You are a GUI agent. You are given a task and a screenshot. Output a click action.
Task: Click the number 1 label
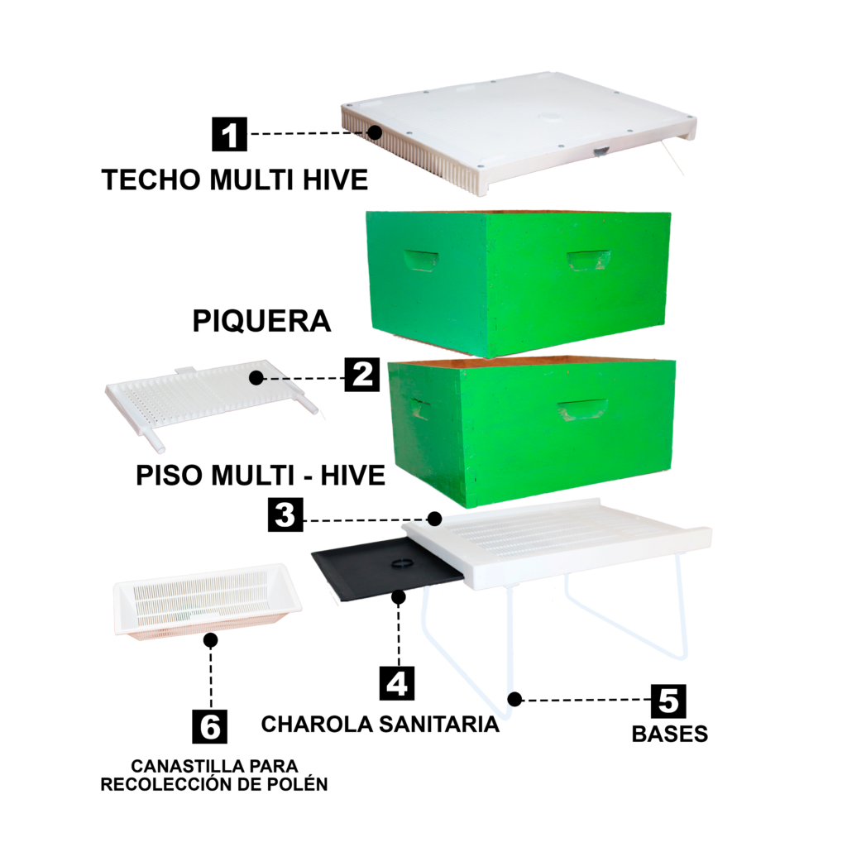[x=229, y=136]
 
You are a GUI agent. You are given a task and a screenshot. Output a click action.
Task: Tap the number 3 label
[x=285, y=514]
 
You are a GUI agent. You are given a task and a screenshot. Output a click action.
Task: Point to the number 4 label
[x=397, y=684]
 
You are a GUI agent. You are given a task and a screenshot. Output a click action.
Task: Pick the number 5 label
[x=668, y=701]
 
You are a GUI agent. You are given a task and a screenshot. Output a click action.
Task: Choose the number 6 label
[x=210, y=727]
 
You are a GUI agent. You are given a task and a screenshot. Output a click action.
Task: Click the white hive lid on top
[x=521, y=128]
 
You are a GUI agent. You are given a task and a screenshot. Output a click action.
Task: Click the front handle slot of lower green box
[x=581, y=409]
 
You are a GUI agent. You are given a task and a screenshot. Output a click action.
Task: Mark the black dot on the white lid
[x=375, y=132]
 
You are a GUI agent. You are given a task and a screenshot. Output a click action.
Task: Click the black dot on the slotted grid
[x=256, y=378]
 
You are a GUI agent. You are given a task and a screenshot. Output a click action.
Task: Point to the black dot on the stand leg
[x=512, y=699]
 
